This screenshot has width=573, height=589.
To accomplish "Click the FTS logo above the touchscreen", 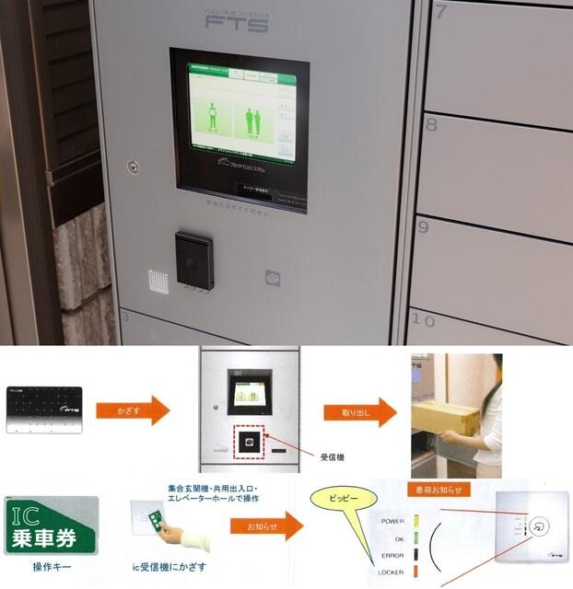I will point(236,23).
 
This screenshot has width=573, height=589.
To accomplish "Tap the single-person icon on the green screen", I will point(211,120).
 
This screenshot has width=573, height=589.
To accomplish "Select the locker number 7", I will point(441,12).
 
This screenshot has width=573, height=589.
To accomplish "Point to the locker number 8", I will point(431,123).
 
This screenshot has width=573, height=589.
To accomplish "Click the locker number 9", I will point(424,225).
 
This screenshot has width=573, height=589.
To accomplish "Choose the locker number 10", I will point(423,320).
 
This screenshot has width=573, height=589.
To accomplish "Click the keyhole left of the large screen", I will point(134,167).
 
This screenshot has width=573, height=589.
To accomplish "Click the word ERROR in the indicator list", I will point(392,555).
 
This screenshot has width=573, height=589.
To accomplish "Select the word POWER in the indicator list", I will point(392,521).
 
